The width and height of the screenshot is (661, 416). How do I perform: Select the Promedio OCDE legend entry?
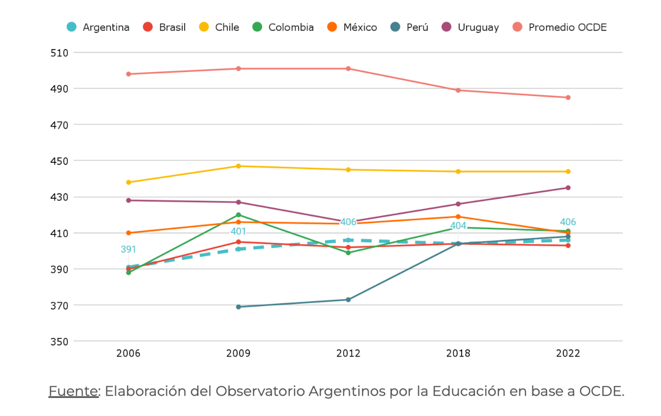click(560, 27)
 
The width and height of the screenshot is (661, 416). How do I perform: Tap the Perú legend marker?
click(395, 27)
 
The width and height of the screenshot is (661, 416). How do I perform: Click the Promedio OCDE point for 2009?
click(239, 69)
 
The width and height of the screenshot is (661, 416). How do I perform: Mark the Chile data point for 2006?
click(128, 182)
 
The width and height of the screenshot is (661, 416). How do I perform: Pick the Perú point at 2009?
click(239, 307)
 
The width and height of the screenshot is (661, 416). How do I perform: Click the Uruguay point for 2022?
click(568, 188)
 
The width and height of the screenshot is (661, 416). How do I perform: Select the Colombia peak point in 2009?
click(239, 215)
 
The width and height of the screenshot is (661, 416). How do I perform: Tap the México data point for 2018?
click(458, 217)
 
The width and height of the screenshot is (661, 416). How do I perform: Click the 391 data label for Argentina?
click(128, 250)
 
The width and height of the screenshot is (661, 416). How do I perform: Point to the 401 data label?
click(239, 232)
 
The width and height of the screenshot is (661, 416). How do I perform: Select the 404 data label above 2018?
click(458, 226)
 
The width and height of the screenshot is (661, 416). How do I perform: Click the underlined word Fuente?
click(73, 391)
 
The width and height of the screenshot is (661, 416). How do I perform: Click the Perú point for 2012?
click(348, 300)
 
